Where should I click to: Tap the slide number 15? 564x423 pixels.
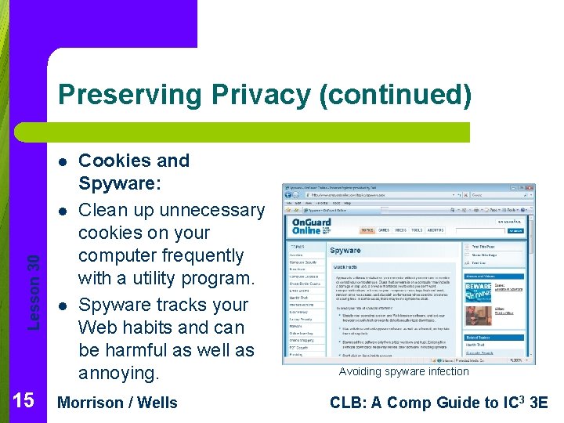(23, 401)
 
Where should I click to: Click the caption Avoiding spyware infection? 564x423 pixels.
(403, 371)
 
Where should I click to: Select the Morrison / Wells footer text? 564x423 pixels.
(118, 403)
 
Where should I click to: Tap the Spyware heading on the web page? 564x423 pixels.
(345, 251)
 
